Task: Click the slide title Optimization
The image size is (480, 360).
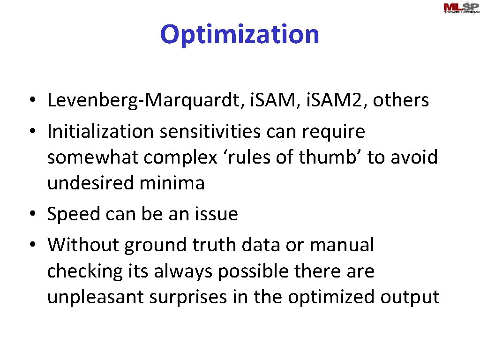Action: [x=240, y=34]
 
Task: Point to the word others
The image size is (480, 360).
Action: [x=400, y=100]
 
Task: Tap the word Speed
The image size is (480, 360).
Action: [x=73, y=215]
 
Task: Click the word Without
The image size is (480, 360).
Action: [x=82, y=245]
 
